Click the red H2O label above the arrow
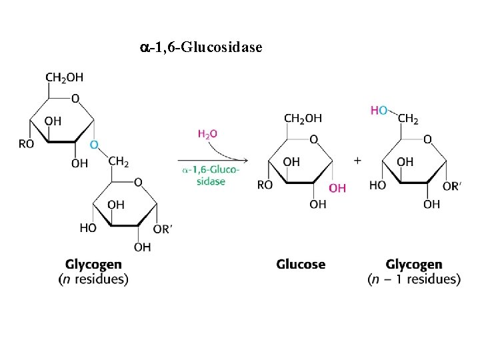(x=207, y=134)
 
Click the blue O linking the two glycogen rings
(x=94, y=144)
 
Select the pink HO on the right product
(x=379, y=110)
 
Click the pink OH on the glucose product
(x=337, y=188)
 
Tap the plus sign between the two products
(x=358, y=161)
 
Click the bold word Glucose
(x=301, y=265)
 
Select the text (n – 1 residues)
(x=413, y=279)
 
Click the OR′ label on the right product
(x=451, y=186)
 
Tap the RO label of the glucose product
(x=265, y=185)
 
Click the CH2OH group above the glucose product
(x=303, y=118)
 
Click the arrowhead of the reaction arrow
(x=245, y=160)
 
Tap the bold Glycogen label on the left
(x=93, y=265)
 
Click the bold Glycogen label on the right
(x=413, y=265)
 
